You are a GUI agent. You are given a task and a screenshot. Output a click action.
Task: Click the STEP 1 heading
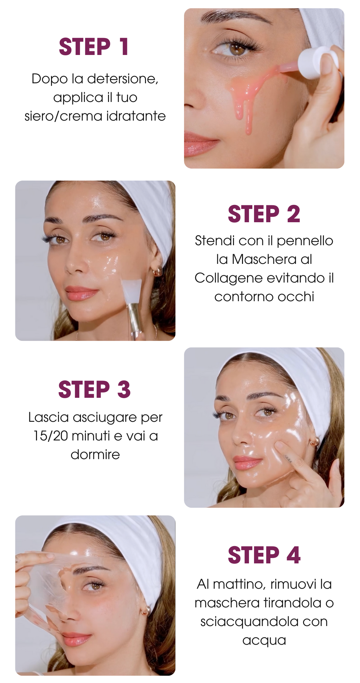(x=94, y=47)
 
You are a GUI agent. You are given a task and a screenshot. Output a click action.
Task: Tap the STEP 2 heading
(x=264, y=214)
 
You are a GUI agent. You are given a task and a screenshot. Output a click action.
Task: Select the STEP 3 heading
(x=94, y=389)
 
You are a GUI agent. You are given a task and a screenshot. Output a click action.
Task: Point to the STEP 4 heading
(x=264, y=555)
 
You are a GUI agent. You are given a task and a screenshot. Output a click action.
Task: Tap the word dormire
(x=95, y=454)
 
